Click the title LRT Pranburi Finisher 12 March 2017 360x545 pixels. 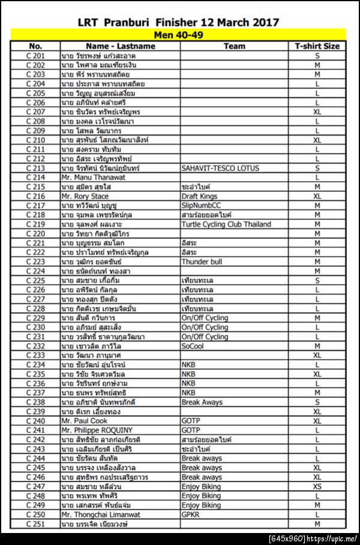point(178,23)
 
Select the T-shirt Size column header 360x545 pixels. point(317,46)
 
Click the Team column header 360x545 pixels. point(234,46)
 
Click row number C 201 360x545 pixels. point(35,56)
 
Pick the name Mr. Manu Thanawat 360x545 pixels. point(93,177)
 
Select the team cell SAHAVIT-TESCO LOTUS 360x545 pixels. point(220,168)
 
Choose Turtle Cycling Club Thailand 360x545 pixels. point(226,224)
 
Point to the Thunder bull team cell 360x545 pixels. point(202,262)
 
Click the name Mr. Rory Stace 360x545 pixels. point(85,196)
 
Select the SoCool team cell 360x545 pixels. point(193,346)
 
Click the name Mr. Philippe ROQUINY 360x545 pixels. point(97,430)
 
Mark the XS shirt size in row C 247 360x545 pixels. point(317,487)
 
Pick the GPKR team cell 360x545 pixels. point(191,514)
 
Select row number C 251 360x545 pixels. point(35,524)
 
